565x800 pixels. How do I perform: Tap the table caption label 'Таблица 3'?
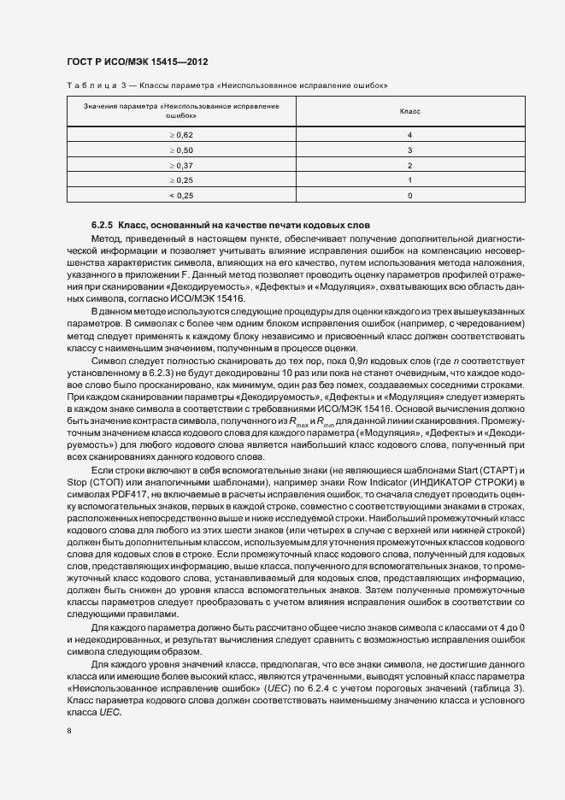(93, 85)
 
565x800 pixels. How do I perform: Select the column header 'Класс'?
(409, 111)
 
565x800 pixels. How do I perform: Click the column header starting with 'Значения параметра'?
(181, 111)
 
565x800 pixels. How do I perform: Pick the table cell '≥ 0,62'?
(181, 136)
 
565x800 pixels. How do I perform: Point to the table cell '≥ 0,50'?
(181, 150)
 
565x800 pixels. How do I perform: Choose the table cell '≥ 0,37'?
(181, 165)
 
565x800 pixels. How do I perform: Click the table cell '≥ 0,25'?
(181, 180)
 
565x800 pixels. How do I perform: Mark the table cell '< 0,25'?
(181, 196)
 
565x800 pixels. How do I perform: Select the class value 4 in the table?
(410, 136)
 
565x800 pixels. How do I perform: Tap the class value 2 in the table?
(410, 165)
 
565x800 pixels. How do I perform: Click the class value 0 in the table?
(410, 196)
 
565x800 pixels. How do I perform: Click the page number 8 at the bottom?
(68, 732)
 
